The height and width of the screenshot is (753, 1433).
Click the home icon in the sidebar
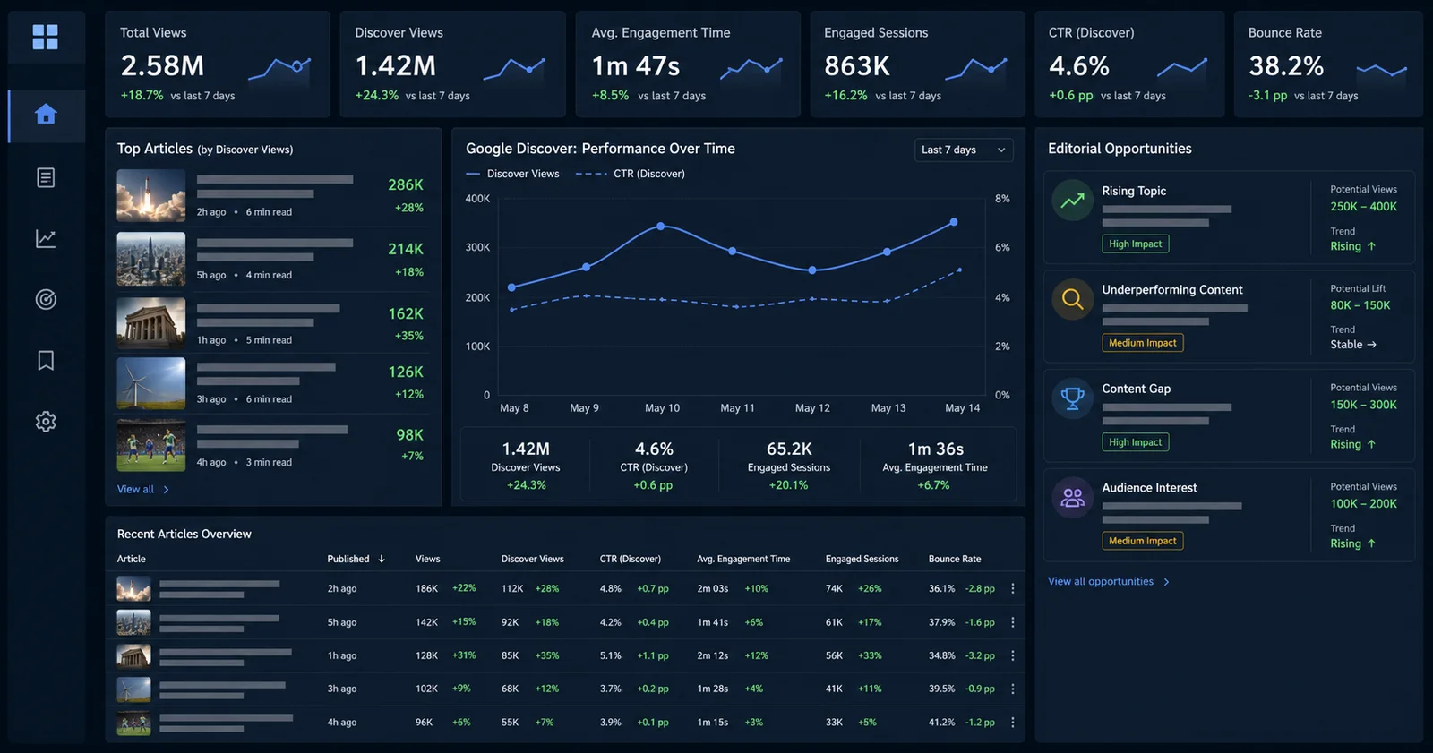[46, 115]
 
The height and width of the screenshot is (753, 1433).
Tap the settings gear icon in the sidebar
[46, 422]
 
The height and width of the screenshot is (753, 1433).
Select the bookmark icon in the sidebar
[46, 360]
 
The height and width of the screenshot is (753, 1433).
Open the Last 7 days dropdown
[964, 150]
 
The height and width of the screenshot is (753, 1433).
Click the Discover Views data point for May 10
[661, 226]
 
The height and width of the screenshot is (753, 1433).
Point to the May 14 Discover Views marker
[954, 222]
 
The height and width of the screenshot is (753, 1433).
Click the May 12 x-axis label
[812, 407]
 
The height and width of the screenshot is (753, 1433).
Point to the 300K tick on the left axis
[477, 247]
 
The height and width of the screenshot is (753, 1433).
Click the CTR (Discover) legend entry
[631, 174]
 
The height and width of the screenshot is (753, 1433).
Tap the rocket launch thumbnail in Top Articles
[151, 195]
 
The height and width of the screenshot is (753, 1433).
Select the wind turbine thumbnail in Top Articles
[151, 383]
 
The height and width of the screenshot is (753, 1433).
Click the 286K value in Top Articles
[406, 184]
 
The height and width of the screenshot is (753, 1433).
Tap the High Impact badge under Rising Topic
[1135, 244]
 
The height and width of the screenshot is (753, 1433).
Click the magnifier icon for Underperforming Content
[1073, 299]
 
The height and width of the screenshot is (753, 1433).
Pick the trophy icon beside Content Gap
[1073, 398]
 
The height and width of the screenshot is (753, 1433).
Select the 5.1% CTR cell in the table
[610, 655]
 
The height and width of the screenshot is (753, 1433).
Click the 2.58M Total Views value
[162, 65]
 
